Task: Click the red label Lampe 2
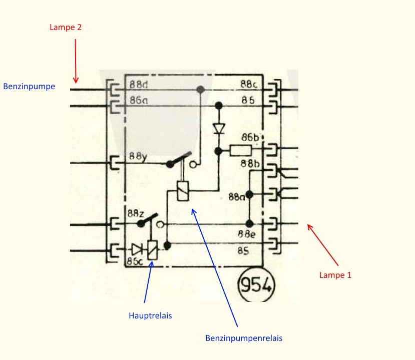coord(65,28)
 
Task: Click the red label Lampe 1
coord(335,275)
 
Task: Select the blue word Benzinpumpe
coord(29,86)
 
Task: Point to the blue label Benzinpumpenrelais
coord(244,338)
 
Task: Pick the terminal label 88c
coord(249,84)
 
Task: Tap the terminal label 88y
coord(138,156)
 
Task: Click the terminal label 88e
coord(246,233)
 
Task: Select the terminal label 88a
coord(236,197)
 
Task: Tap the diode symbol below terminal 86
coord(218,128)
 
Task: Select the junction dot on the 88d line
coord(200,90)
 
